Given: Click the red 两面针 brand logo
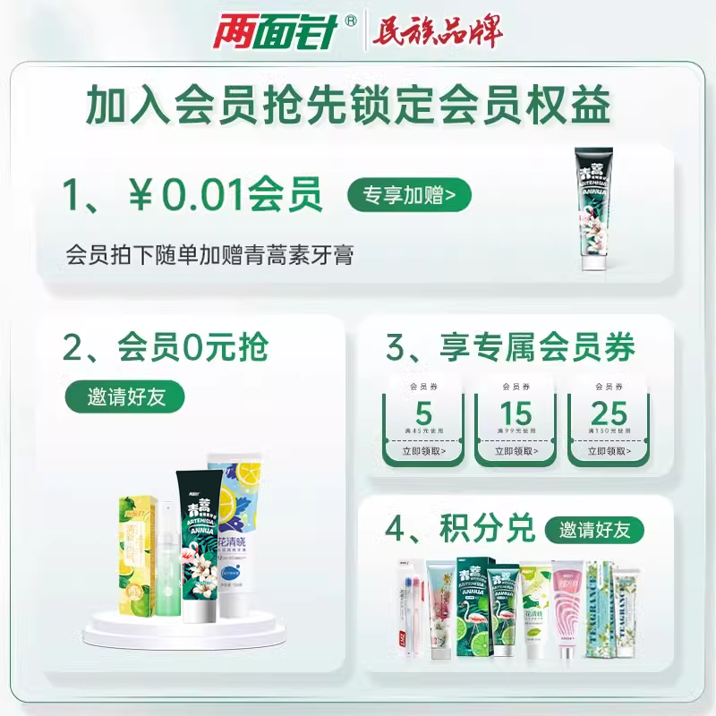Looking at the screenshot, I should click(x=274, y=33).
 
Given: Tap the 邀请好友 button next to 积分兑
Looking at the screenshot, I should click(x=595, y=529).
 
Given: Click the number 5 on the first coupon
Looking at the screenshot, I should click(x=423, y=414).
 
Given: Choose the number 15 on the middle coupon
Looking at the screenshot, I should click(x=516, y=414).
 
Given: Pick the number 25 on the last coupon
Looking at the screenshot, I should click(x=609, y=414).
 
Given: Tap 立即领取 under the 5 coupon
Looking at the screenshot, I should click(x=423, y=452).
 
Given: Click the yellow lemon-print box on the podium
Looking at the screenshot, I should click(x=136, y=555).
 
